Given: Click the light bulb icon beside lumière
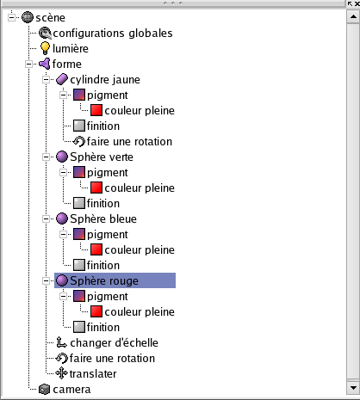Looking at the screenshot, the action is (x=45, y=48).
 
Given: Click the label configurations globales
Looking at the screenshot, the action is (x=113, y=34).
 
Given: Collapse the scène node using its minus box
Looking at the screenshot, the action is (x=11, y=18).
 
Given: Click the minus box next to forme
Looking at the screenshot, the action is (x=28, y=64).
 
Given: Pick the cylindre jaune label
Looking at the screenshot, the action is (x=105, y=80).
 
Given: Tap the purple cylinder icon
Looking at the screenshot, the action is (x=62, y=79).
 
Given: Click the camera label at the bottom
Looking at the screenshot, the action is (x=71, y=390).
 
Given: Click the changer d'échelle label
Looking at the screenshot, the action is (x=114, y=342).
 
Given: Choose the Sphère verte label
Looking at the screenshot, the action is (x=102, y=157).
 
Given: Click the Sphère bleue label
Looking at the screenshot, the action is (x=103, y=219).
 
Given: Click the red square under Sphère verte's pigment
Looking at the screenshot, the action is (x=96, y=188).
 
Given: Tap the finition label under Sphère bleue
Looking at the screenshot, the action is (x=103, y=265).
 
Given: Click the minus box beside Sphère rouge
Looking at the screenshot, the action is (x=46, y=280).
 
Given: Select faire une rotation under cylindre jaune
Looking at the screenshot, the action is (x=129, y=142).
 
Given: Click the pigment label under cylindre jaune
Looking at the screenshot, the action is (x=108, y=95).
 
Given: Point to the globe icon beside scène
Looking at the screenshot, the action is (x=28, y=17).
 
